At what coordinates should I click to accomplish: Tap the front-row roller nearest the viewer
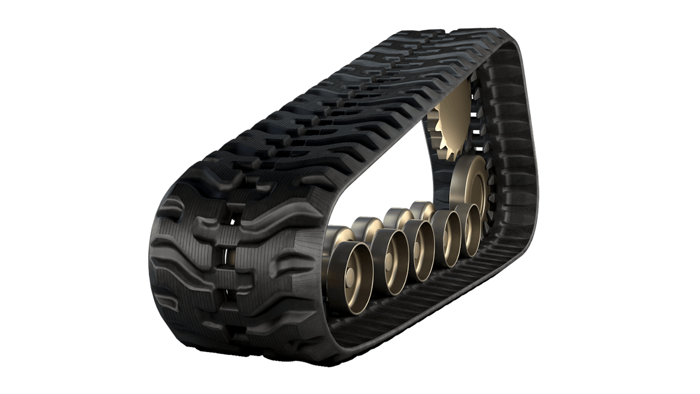pyautogui.click(x=348, y=270)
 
